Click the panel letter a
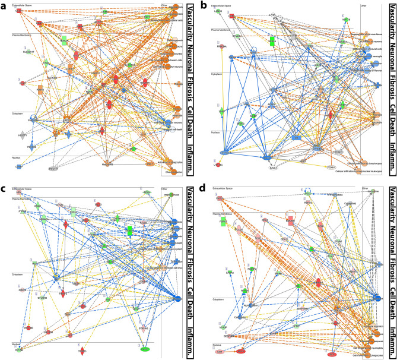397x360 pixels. pyautogui.click(x=5, y=6)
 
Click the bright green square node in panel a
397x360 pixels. pyautogui.click(x=63, y=40)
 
